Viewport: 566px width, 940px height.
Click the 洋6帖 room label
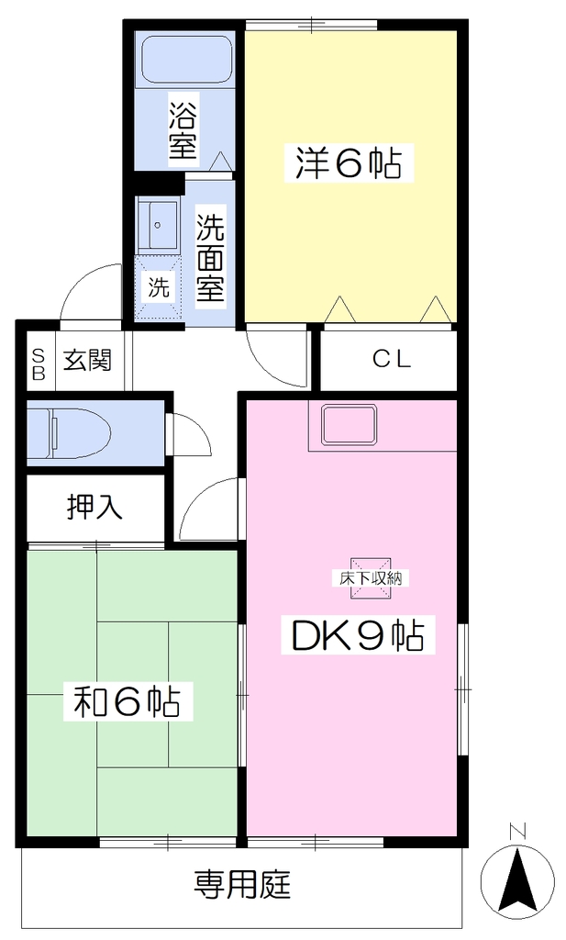coord(348,162)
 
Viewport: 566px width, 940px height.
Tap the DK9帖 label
coord(358,636)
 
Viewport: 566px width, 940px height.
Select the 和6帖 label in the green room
coord(127,700)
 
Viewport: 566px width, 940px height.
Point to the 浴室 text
coord(183,130)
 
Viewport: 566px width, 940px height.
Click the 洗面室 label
coord(211,258)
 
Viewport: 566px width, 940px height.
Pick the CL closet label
coord(392,359)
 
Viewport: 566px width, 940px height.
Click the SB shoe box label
coord(39,364)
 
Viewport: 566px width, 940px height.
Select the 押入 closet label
coord(94,507)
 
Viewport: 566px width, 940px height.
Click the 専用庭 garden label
coord(242,884)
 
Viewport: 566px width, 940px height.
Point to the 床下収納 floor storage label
coord(370,578)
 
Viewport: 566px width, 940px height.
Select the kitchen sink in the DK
coord(350,425)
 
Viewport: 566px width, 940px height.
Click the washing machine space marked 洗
coord(158,288)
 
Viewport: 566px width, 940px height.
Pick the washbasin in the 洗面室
coord(158,226)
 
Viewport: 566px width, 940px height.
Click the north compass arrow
coord(517,880)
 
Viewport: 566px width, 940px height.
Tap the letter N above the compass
coord(517,832)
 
